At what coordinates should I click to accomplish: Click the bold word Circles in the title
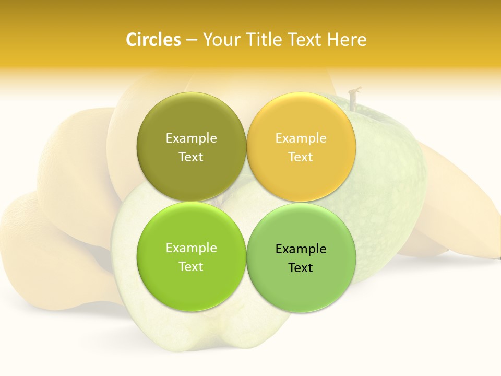[x=153, y=40]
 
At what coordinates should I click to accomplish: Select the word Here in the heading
[x=347, y=40]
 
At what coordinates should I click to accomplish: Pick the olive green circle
[x=191, y=147]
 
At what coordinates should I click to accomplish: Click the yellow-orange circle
[x=301, y=147]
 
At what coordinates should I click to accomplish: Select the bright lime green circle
[x=191, y=257]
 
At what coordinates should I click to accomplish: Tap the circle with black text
[x=301, y=257]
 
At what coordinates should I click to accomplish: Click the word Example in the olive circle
[x=191, y=138]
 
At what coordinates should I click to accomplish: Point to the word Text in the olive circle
[x=191, y=157]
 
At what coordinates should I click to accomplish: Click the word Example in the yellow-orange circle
[x=301, y=138]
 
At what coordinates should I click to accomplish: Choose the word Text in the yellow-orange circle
[x=301, y=157]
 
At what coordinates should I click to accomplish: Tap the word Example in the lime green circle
[x=191, y=248]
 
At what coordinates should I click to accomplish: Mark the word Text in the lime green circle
[x=191, y=266]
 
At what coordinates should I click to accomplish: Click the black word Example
[x=301, y=249]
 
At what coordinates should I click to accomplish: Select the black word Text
[x=301, y=267]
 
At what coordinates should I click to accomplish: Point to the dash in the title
[x=192, y=40]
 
